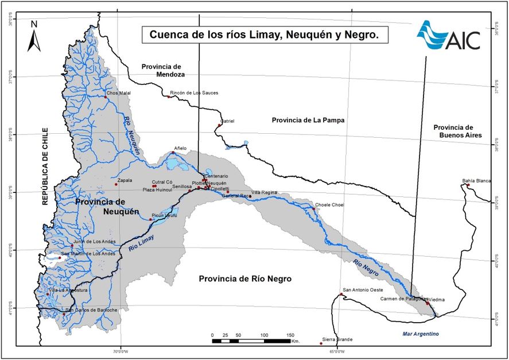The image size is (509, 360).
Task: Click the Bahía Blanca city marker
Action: tap(468, 186)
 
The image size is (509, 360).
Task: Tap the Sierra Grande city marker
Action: tap(321, 343)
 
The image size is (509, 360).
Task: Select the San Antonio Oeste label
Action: tap(363, 290)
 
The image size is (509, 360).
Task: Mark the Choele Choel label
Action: tap(329, 204)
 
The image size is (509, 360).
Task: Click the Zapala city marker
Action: tap(116, 184)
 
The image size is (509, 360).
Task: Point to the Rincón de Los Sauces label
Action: tap(194, 92)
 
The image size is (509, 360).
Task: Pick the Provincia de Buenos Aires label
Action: tap(458, 131)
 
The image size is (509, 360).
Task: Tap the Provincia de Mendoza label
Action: tap(162, 70)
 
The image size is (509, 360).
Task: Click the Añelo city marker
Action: tap(173, 153)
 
